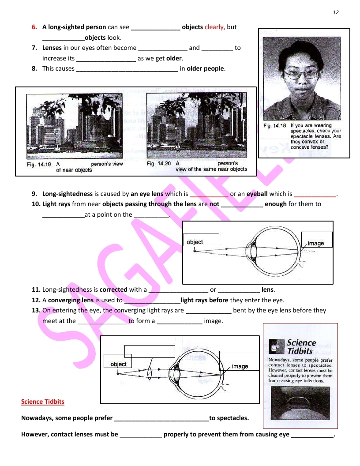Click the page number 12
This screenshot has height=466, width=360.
(335, 12)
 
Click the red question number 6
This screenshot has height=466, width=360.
(34, 27)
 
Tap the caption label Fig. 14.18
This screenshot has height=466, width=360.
(274, 126)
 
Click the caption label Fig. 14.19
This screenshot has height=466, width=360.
(37, 164)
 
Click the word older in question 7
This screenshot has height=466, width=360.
(174, 58)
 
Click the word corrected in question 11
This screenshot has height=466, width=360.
(113, 289)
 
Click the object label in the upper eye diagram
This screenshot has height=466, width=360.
(195, 242)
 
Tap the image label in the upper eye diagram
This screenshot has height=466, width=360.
(316, 243)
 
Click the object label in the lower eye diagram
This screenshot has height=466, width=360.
(118, 364)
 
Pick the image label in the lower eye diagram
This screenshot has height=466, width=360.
(240, 366)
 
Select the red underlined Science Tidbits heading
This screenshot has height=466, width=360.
(43, 402)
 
